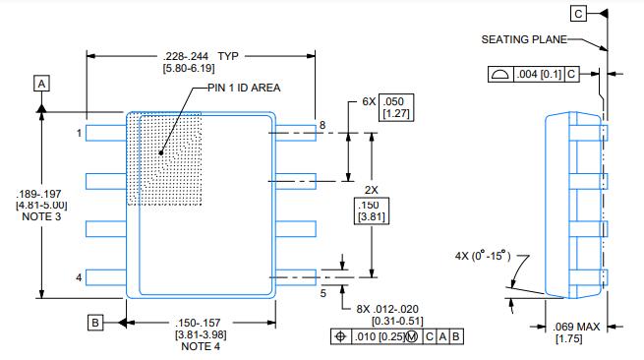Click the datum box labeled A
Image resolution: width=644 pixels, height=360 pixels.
(41, 84)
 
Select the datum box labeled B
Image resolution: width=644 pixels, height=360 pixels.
(94, 323)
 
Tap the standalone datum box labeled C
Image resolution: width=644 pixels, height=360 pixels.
(578, 14)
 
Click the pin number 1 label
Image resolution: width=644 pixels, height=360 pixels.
(79, 133)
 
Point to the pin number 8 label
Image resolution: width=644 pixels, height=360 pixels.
(322, 125)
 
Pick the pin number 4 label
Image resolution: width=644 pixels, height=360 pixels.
(79, 277)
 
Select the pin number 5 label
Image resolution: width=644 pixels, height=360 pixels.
(323, 293)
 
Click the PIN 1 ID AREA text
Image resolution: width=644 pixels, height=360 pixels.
(244, 88)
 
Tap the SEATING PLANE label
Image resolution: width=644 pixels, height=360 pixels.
(524, 39)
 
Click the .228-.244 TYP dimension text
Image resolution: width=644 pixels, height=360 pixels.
(201, 56)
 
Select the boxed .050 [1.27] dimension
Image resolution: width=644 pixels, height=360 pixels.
(396, 107)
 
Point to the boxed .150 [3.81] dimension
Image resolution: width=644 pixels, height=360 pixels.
(372, 211)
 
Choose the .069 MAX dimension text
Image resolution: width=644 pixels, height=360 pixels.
(576, 327)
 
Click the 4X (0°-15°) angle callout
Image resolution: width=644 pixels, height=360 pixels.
(483, 256)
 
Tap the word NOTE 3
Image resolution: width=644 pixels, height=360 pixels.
(41, 216)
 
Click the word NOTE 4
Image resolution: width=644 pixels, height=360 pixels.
(201, 346)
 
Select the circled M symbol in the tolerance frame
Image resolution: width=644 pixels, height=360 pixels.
(412, 337)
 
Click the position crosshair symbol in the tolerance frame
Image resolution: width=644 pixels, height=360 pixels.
(340, 336)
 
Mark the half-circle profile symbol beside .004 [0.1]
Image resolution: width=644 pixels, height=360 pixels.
(500, 75)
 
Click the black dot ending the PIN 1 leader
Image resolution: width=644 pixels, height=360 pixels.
(161, 152)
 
